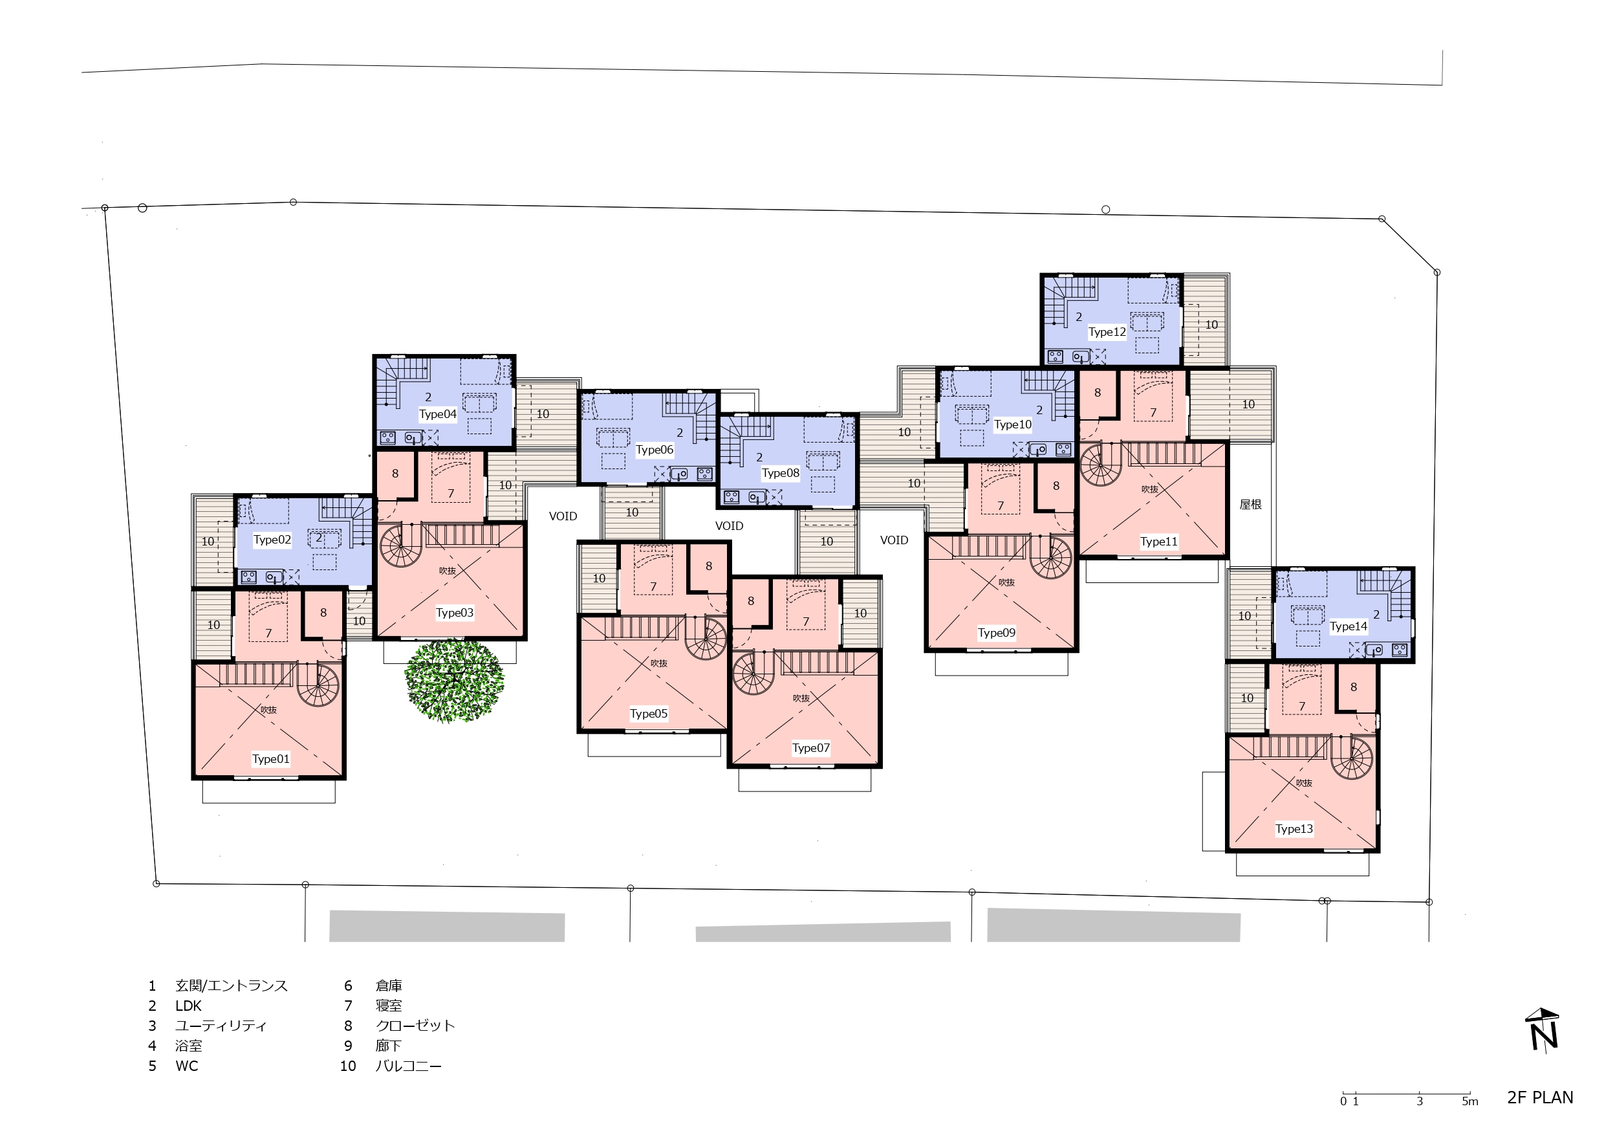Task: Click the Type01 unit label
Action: click(x=270, y=759)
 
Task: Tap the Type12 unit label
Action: click(x=1107, y=332)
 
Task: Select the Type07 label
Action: click(x=811, y=748)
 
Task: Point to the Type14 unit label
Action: click(x=1349, y=626)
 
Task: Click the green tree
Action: click(x=454, y=680)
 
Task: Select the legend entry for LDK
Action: click(x=175, y=1006)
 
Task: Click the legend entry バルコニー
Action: click(x=391, y=1066)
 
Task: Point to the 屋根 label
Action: click(x=1250, y=504)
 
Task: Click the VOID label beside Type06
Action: click(x=563, y=516)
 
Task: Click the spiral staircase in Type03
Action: click(x=401, y=546)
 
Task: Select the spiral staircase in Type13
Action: click(x=1352, y=759)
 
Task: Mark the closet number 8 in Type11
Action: click(x=1098, y=393)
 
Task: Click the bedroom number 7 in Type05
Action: click(x=653, y=586)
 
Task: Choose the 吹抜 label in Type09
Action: click(x=1006, y=582)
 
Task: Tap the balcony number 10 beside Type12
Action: click(x=1211, y=325)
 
